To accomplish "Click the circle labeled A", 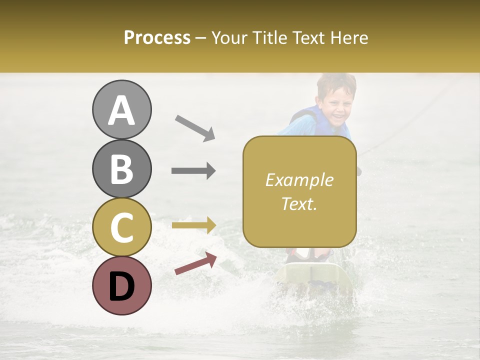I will click(121, 109).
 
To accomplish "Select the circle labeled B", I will click(121, 168).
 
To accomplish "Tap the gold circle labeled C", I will click(121, 227).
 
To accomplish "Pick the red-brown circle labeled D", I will click(121, 285).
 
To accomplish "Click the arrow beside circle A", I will click(195, 127).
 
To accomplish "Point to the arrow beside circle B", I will click(193, 171).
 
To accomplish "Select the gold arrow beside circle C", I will click(193, 225).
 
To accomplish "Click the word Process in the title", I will click(157, 37).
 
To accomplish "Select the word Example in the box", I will click(299, 180).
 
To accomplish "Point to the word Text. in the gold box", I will click(299, 203).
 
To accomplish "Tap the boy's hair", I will click(336, 82).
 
